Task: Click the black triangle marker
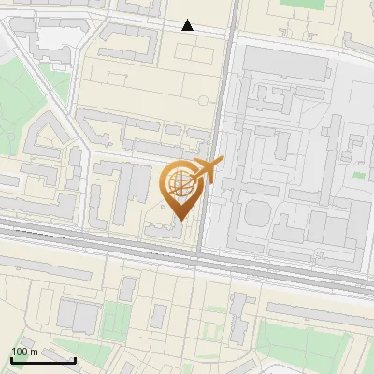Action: click(188, 25)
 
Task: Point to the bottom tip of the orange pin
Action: click(181, 221)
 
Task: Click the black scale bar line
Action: click(43, 360)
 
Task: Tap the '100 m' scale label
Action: click(25, 352)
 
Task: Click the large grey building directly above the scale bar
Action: click(75, 314)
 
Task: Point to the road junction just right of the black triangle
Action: click(229, 34)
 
